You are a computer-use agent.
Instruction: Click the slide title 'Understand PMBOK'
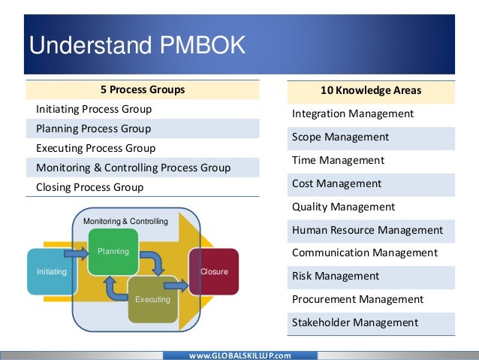(137, 46)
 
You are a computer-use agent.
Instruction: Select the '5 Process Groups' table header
(143, 90)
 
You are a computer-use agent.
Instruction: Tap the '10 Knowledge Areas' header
(371, 90)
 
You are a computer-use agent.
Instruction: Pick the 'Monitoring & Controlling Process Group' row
(133, 168)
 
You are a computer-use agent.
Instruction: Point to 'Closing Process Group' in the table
(89, 187)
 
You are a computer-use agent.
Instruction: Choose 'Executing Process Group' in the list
(95, 148)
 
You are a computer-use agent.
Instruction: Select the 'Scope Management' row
(340, 138)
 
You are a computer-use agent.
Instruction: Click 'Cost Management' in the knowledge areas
(336, 183)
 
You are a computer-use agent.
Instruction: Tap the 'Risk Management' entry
(336, 276)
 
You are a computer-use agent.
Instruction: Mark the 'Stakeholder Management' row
(354, 322)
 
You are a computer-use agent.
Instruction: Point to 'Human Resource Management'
(367, 230)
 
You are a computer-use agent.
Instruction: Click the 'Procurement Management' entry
(357, 299)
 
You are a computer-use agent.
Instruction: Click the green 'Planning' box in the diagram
(113, 250)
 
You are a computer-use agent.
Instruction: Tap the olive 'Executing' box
(152, 298)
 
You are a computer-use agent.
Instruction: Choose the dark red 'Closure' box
(213, 271)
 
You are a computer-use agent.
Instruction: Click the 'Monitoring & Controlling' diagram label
(125, 222)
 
